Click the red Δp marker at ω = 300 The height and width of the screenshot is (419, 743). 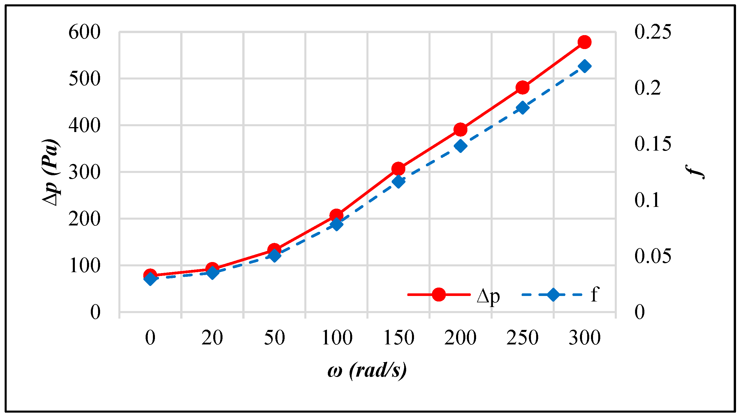point(584,42)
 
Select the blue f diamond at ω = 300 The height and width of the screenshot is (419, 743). point(584,66)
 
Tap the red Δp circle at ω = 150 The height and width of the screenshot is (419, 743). point(398,169)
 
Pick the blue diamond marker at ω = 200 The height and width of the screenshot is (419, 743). point(460,146)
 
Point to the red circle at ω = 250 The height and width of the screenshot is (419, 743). point(523,87)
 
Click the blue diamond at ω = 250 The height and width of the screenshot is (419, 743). point(523,108)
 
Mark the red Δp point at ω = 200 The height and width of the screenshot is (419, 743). point(460,129)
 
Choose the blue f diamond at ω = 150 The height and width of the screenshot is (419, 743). point(398,182)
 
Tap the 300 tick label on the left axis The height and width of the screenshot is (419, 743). point(84,172)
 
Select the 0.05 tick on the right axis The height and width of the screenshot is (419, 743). point(653,256)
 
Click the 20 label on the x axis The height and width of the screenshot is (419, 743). point(212,338)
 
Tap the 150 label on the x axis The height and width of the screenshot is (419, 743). point(399,338)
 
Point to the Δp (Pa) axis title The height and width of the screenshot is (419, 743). point(51,172)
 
